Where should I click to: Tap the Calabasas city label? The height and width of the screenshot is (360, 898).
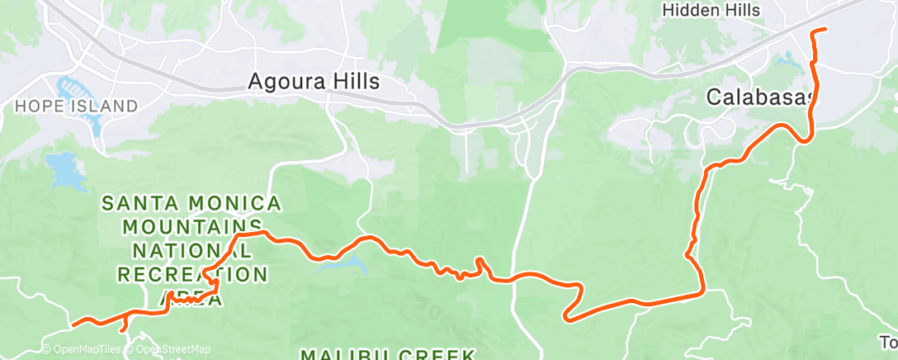(759, 97)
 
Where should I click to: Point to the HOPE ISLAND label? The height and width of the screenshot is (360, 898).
(76, 106)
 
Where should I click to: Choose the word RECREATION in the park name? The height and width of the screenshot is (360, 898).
(192, 274)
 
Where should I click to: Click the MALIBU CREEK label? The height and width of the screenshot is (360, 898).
(387, 354)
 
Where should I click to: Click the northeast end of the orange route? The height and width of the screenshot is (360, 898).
(825, 30)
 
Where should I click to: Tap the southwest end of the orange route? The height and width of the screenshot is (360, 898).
(74, 324)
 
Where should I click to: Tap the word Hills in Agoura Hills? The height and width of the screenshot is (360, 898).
(353, 82)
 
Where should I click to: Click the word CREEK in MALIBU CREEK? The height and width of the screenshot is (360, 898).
(436, 354)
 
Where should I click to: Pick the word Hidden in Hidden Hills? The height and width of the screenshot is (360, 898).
(691, 11)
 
